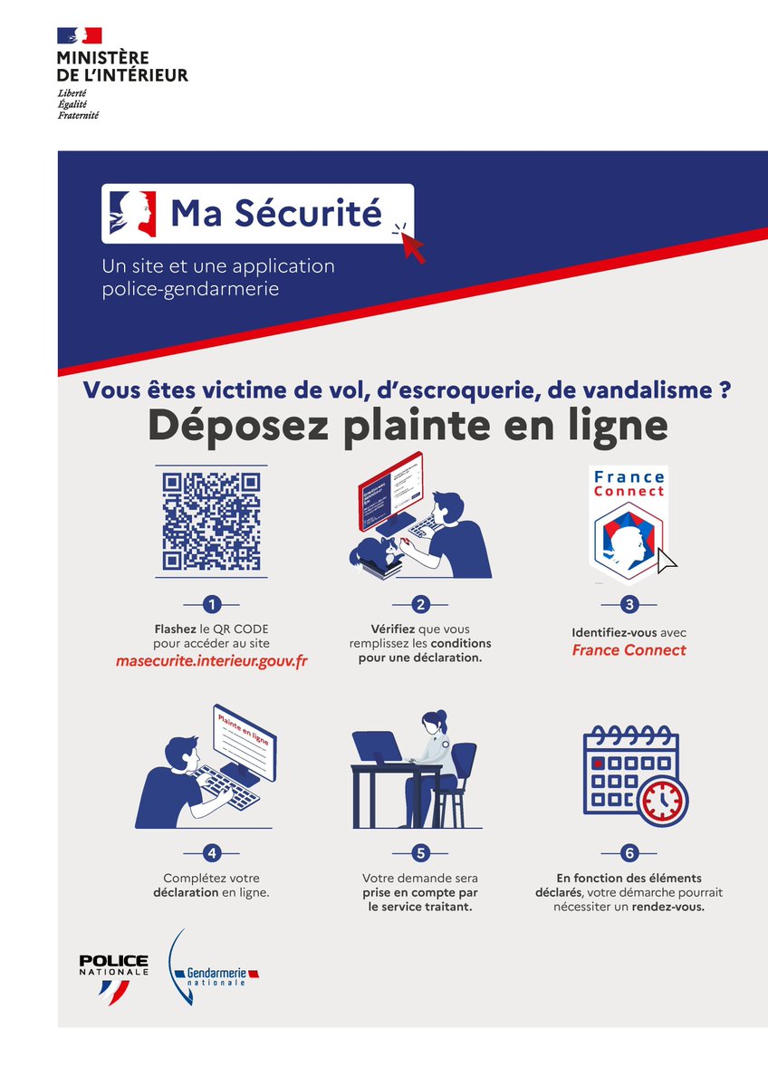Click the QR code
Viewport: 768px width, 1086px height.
pos(211,522)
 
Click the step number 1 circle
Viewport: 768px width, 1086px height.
pos(211,604)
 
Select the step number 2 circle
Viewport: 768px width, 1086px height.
pos(420,604)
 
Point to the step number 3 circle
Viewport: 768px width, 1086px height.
pos(629,604)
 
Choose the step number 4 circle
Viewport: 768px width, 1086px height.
pos(211,852)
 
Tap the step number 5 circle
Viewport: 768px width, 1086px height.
pos(420,852)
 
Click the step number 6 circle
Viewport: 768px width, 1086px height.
pos(629,852)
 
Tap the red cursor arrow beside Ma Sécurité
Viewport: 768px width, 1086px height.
pos(412,245)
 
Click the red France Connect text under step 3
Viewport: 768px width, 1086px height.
pos(629,650)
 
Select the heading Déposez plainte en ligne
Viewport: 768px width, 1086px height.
pos(408,426)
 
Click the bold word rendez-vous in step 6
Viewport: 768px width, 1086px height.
pos(667,906)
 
